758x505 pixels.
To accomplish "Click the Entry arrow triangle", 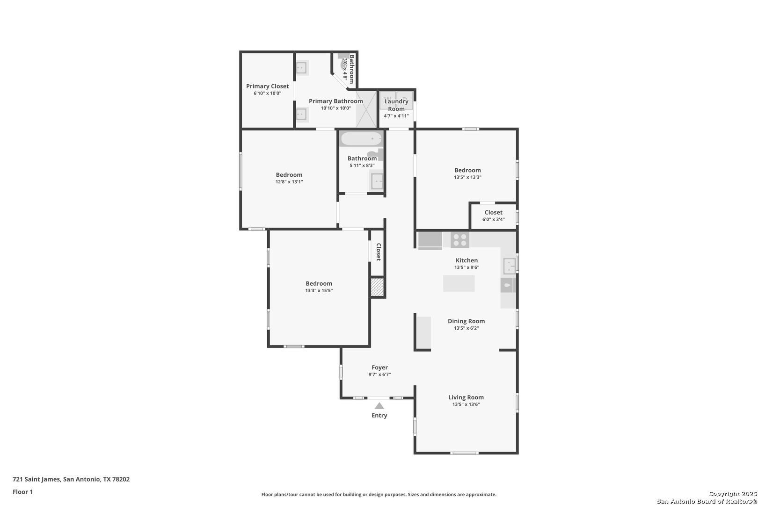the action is tap(379, 406).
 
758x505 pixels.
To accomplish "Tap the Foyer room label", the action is tap(379, 368).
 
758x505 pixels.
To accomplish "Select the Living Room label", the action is tap(466, 397).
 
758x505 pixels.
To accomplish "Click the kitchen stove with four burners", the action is tap(460, 240).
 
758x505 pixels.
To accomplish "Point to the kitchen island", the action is tap(459, 283).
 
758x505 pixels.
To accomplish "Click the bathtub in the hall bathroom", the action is tap(361, 139).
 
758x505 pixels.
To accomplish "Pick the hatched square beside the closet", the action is tap(377, 287).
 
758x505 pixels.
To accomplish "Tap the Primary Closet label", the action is tap(267, 86).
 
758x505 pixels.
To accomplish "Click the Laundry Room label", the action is tap(396, 105).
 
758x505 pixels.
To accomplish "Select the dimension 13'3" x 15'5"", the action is tap(319, 290).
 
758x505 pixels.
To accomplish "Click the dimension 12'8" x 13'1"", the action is tap(289, 182).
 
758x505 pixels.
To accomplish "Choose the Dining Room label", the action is tap(466, 321).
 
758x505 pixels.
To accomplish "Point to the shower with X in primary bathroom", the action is tap(366, 109).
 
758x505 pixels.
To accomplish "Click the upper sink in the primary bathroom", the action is tap(301, 68).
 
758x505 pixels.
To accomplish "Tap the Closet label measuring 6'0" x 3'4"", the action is tap(493, 212).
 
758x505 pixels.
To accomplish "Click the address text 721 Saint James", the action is tap(36, 479).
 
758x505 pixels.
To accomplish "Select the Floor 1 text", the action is tap(22, 492).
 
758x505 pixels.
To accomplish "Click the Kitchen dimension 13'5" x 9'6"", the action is tap(466, 267).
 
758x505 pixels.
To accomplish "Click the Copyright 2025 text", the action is tap(733, 494).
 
